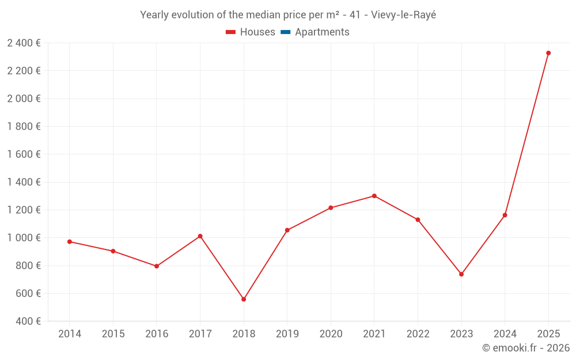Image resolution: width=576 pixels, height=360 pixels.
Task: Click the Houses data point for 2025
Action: tap(548, 53)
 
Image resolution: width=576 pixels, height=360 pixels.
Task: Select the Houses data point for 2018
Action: tap(244, 300)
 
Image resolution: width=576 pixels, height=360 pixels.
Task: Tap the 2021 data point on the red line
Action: tap(374, 196)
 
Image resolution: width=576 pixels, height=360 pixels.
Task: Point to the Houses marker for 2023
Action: tap(461, 274)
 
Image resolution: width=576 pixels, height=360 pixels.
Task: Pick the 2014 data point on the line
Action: tap(70, 242)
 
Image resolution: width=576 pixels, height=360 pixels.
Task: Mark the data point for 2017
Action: tap(200, 236)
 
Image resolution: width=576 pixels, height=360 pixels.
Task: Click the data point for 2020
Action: tap(331, 207)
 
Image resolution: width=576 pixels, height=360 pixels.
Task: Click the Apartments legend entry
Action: tap(322, 32)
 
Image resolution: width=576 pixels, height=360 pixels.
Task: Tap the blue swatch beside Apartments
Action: tap(285, 32)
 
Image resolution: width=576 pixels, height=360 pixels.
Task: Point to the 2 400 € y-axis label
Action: tap(24, 43)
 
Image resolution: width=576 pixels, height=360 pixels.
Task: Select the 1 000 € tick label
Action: tap(24, 238)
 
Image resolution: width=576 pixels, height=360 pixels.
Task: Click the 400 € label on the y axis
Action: tap(28, 321)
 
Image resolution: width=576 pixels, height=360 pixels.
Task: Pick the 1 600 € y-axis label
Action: tap(24, 154)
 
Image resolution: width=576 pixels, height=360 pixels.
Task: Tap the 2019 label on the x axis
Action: tap(287, 334)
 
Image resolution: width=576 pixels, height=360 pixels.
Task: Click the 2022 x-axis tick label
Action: tap(418, 334)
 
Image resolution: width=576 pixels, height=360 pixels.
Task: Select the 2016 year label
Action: tap(157, 334)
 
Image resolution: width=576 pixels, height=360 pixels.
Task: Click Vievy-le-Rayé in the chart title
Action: tap(404, 15)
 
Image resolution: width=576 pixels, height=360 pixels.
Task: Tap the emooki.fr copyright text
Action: tap(526, 348)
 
